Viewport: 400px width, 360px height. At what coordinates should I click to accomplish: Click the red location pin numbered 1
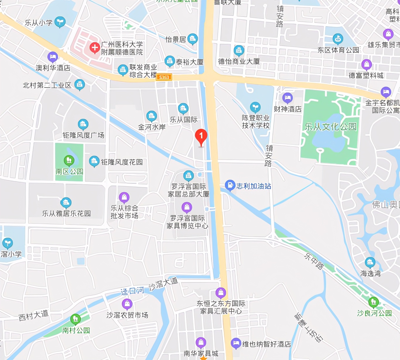tap(201, 136)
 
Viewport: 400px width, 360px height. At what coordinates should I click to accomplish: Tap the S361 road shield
tap(164, 77)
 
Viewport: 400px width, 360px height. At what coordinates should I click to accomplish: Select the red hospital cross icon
tap(95, 47)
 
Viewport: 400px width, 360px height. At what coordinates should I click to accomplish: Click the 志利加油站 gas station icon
tap(230, 185)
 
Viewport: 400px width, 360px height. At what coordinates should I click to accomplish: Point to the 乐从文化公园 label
tap(331, 127)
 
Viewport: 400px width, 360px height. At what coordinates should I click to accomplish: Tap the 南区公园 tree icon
tap(69, 160)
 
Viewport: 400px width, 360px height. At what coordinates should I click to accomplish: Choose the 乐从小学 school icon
tap(60, 21)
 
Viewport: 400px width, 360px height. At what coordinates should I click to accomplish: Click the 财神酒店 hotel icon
tap(287, 98)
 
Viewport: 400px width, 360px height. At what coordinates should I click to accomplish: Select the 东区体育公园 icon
tap(338, 39)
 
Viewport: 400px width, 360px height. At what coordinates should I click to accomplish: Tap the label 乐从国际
tap(184, 120)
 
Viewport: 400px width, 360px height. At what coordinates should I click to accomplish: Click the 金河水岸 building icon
tap(151, 116)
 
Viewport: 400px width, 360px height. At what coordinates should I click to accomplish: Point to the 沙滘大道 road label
tap(163, 284)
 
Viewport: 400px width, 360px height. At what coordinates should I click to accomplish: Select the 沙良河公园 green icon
tap(373, 302)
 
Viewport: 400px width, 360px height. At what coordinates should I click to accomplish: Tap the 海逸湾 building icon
tap(370, 262)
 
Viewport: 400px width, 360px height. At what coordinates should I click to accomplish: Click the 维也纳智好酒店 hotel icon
tap(236, 343)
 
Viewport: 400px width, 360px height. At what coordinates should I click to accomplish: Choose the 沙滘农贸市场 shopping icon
tap(127, 304)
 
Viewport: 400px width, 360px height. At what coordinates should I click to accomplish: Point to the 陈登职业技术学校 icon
tap(255, 107)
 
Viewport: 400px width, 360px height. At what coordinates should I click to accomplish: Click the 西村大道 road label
tap(33, 315)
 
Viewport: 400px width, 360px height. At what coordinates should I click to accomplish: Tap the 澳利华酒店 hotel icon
tap(53, 57)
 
